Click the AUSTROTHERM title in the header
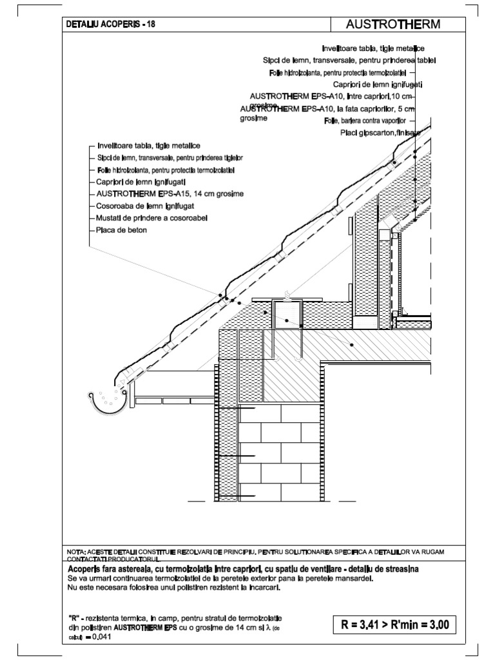click(x=393, y=24)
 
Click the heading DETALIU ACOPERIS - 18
click(x=110, y=25)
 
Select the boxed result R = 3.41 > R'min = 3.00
click(x=394, y=625)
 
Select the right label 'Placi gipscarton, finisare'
click(x=380, y=133)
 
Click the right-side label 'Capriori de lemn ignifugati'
click(x=377, y=84)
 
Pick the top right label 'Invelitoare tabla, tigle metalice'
click(x=373, y=48)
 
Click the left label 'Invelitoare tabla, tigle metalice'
click(x=148, y=146)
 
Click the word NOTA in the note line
click(x=76, y=552)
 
